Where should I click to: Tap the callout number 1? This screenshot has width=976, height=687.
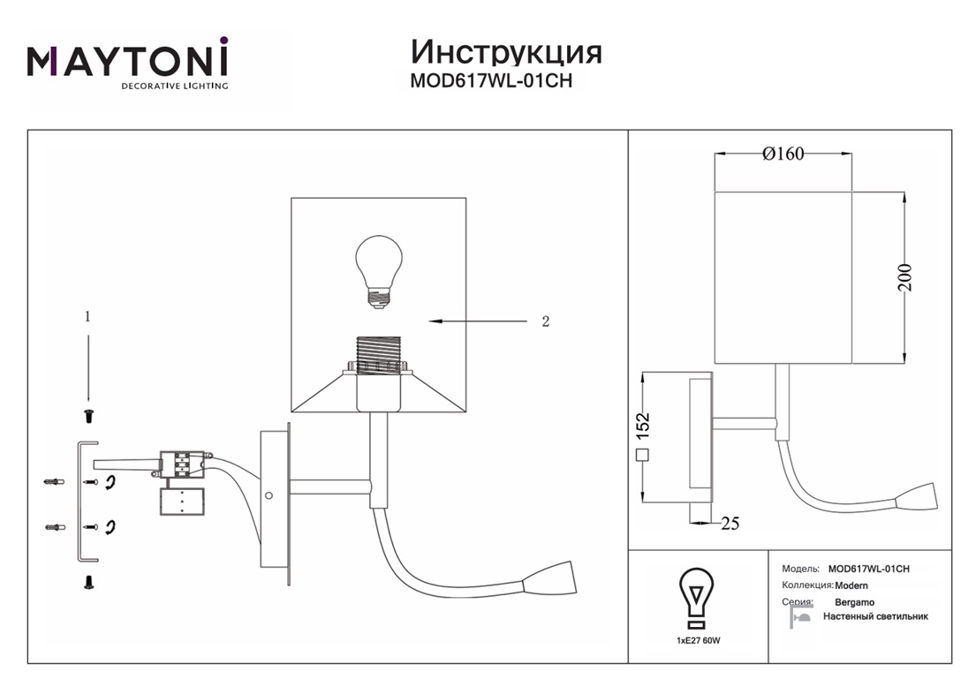tap(87, 315)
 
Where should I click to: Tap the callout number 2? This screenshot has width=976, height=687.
tap(545, 321)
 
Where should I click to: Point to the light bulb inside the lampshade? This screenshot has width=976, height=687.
tap(378, 269)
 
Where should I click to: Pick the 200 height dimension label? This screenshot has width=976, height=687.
tap(917, 277)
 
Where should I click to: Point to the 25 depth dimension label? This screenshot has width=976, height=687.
tap(730, 524)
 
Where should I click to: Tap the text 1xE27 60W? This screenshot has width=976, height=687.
tap(698, 638)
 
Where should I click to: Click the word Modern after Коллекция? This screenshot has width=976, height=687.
tap(852, 585)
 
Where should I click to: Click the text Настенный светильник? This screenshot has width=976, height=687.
tap(875, 616)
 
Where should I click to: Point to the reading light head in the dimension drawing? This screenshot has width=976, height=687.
tap(919, 497)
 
